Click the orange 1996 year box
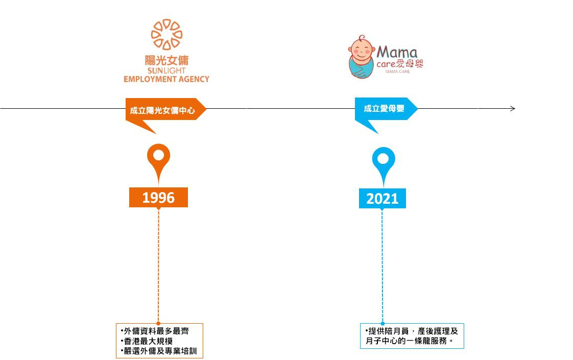[x=158, y=198]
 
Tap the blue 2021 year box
[x=382, y=199]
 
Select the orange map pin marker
[x=158, y=158]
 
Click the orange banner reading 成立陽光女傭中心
[x=163, y=110]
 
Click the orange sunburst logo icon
[x=166, y=34]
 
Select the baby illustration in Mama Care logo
[x=362, y=57]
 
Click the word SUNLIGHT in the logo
[x=166, y=71]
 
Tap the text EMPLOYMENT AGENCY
[x=166, y=79]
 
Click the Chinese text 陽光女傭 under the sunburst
[x=166, y=60]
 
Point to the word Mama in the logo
[x=397, y=52]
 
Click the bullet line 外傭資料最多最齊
[x=153, y=331]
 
